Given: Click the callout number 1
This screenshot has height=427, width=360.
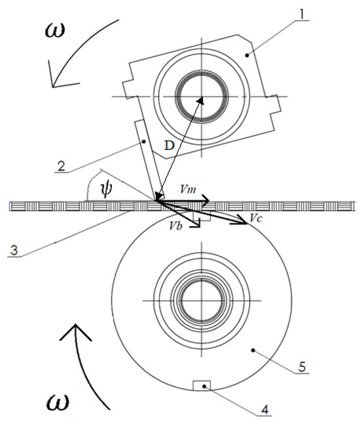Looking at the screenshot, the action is tap(301, 14).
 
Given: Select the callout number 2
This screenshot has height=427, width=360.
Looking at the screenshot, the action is tap(62, 166).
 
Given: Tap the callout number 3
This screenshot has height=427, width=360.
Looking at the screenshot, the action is tap(14, 250).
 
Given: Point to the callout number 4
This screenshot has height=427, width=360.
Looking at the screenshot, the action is tap(264, 409).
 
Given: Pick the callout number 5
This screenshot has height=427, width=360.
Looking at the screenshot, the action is tap(302, 367).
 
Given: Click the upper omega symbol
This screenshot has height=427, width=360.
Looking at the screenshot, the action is tap(55, 30).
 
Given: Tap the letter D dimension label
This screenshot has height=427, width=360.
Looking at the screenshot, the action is tap(170, 146).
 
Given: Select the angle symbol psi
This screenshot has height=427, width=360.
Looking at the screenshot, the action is tap(106, 189).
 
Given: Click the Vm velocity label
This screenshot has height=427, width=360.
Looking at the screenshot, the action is tap(188, 189).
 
